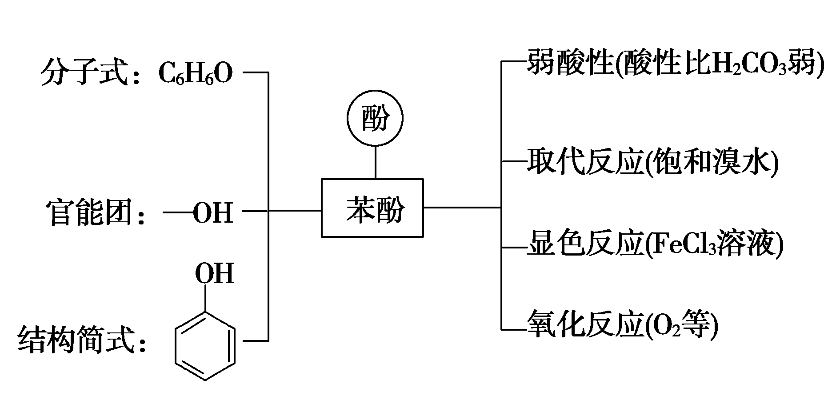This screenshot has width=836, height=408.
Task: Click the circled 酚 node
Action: [x=375, y=119]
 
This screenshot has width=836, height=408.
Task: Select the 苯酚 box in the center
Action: [x=372, y=208]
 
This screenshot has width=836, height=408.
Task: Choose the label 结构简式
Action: [x=76, y=340]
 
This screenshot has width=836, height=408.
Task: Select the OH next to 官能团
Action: [x=212, y=212]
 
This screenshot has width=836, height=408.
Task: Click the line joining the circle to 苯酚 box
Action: [x=376, y=162]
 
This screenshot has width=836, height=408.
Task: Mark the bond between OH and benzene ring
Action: [x=205, y=299]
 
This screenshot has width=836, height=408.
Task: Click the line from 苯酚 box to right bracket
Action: [x=462, y=207]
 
